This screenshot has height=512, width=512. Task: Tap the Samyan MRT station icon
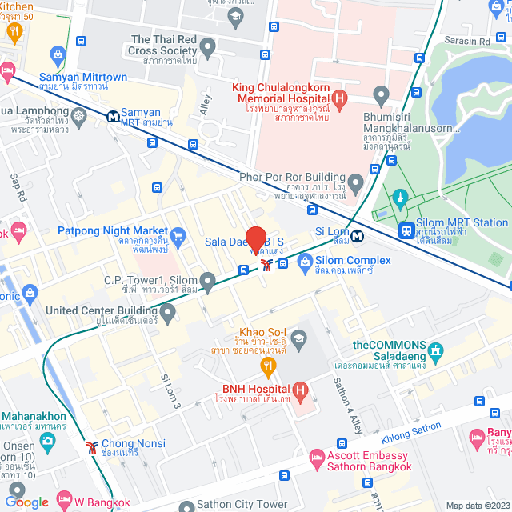coord(114,116)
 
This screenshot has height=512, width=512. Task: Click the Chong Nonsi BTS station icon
coord(93,445)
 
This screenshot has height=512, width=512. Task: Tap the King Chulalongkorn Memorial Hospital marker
coord(339,100)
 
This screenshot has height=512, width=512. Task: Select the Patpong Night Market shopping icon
coord(178,235)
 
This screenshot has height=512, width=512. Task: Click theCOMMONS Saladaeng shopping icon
coord(435,350)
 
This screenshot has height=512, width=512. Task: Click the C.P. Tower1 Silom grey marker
coord(207,281)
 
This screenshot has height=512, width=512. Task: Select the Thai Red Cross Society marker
coord(207,48)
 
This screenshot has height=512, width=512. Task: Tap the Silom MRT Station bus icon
coord(407,230)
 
